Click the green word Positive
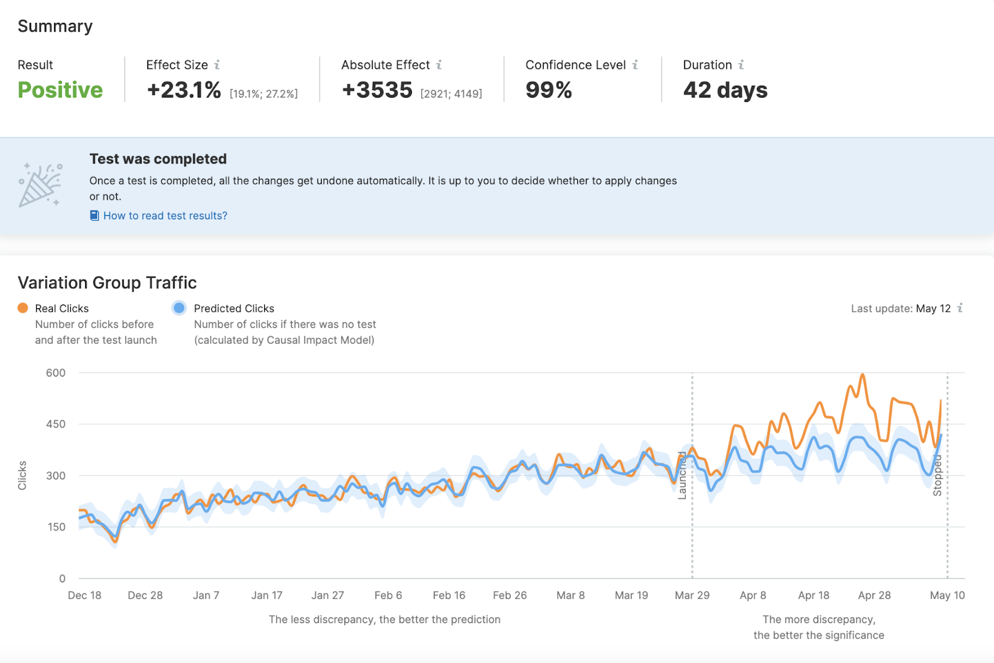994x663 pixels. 60,90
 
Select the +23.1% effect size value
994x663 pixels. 184,90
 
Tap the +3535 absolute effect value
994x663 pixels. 377,90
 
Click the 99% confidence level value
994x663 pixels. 549,90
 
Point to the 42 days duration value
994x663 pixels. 725,90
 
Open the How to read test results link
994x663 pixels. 165,216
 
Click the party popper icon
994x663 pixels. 40,185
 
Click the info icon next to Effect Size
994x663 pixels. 217,65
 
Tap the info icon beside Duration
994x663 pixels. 741,65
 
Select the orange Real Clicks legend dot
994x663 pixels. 23,308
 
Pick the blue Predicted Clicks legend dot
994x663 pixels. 179,308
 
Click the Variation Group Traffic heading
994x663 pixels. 107,283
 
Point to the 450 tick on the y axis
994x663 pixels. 55,424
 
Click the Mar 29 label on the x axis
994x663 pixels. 692,595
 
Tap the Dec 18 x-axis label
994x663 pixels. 84,595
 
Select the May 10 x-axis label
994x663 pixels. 947,595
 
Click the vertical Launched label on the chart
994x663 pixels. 682,475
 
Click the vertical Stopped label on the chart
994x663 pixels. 937,475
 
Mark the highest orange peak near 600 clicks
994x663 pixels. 862,375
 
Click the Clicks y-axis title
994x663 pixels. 22,475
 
